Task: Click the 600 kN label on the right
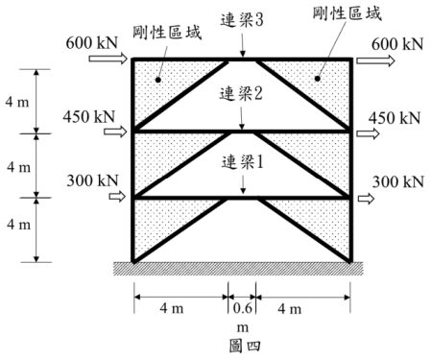pos(395,43)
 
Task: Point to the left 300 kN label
pos(88,180)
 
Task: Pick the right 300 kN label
pos(395,180)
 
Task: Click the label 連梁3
pos(243,18)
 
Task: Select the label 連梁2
pos(243,95)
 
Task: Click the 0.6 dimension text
pos(241,308)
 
